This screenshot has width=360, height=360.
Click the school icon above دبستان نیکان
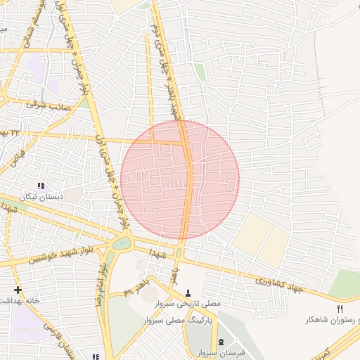41,186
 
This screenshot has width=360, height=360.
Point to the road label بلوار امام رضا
100,285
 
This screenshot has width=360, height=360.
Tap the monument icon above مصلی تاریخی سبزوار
188,292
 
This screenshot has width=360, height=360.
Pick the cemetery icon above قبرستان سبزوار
222,342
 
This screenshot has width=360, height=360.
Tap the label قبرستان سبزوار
214,352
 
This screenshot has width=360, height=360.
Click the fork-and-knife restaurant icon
340,309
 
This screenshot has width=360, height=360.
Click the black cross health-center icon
18,290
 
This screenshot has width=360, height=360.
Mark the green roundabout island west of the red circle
120,244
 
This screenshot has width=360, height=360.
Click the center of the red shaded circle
180,179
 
